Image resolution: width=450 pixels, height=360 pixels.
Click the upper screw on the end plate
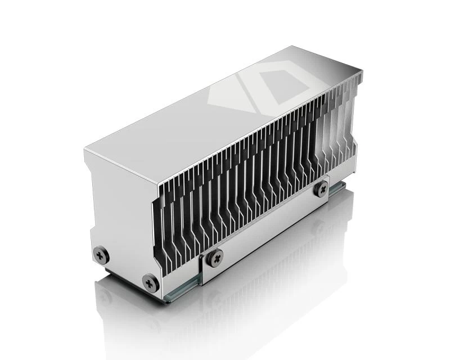click(101, 255)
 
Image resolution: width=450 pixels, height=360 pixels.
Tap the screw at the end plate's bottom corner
click(150, 282)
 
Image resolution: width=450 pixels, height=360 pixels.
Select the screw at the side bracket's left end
click(215, 258)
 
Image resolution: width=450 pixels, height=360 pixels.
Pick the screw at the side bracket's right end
click(321, 188)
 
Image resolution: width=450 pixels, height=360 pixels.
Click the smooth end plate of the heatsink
click(121, 214)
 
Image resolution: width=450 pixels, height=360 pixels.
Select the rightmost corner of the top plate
click(362, 71)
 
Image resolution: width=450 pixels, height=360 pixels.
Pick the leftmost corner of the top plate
click(85, 149)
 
